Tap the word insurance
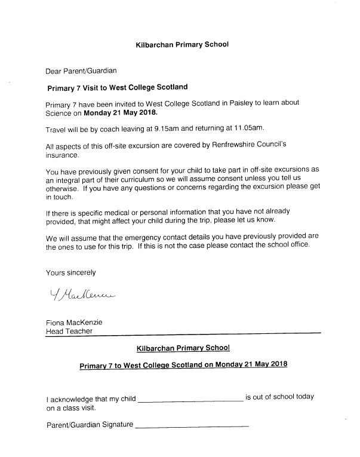coord(62,154)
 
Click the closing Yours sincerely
coord(70,272)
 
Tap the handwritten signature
coord(78,294)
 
